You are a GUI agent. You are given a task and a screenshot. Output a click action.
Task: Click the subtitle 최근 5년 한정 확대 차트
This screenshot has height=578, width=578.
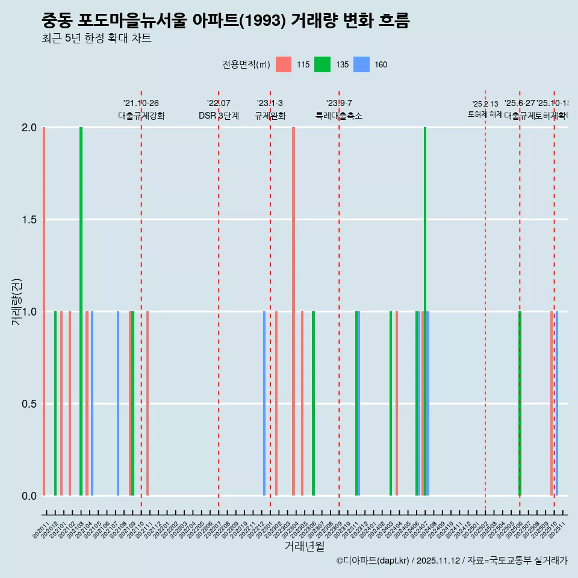(96, 39)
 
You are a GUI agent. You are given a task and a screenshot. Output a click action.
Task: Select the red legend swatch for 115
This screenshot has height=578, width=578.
(283, 64)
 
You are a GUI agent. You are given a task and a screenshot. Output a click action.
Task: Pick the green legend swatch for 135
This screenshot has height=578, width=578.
(322, 64)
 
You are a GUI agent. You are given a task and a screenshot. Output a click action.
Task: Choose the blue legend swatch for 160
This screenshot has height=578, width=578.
(361, 64)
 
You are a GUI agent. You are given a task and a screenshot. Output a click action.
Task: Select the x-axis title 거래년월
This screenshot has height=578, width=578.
(304, 546)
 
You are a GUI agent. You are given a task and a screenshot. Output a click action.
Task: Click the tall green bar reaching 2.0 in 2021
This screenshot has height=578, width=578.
(81, 311)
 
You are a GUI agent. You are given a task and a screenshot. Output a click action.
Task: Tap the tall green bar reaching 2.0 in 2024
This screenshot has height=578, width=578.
(425, 311)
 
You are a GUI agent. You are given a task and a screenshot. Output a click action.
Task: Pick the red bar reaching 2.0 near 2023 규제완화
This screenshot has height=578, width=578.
(293, 311)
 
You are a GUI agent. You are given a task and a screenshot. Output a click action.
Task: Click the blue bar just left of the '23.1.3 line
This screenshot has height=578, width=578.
(264, 403)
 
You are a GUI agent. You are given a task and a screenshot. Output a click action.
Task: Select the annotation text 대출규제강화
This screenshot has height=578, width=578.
(141, 116)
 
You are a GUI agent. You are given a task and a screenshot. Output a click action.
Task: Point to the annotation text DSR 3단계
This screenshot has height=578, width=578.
(219, 116)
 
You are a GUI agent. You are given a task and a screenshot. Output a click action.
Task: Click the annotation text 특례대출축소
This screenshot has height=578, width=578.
(339, 116)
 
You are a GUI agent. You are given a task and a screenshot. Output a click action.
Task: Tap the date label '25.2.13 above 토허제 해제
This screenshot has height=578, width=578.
(485, 104)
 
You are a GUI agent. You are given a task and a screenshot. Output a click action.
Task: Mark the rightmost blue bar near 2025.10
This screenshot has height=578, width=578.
(557, 403)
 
